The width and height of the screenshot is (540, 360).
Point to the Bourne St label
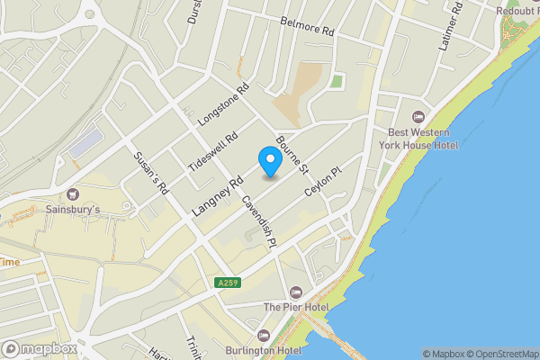click(x=292, y=155)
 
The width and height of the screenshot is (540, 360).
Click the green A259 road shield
click(x=229, y=283)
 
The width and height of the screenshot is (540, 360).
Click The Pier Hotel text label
click(x=296, y=308)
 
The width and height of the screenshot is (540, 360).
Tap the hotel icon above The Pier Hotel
click(x=296, y=292)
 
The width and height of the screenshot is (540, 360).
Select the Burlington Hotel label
click(x=264, y=351)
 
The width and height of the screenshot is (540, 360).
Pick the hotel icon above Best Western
click(x=418, y=117)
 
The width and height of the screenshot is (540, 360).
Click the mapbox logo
click(x=40, y=348)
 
